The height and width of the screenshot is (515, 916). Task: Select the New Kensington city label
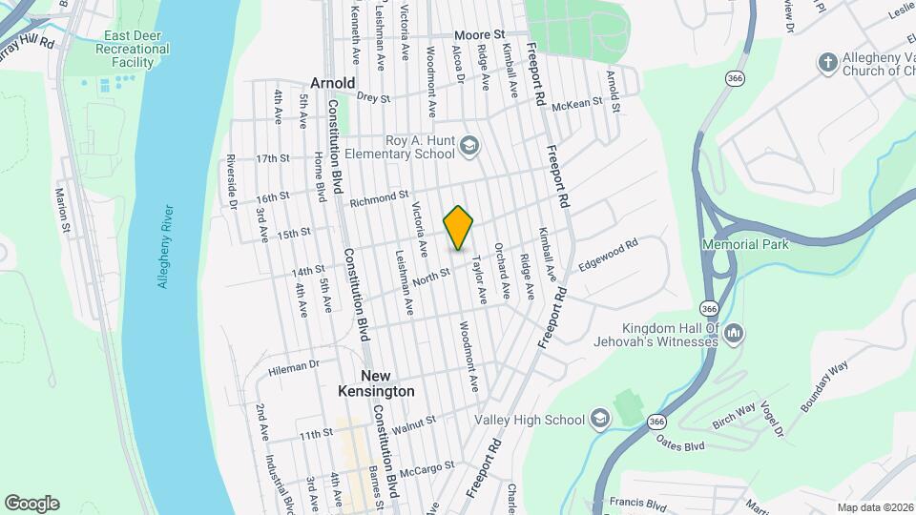(376, 383)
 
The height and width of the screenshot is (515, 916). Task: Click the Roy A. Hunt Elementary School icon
(468, 146)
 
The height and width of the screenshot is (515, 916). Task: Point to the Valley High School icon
(599, 419)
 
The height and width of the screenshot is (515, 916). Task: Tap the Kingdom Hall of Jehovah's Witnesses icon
(734, 334)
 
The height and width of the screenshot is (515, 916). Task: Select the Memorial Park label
(745, 244)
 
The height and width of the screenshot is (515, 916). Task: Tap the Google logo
(31, 504)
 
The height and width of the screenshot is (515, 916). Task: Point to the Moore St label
(479, 34)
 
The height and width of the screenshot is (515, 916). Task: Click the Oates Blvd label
(680, 443)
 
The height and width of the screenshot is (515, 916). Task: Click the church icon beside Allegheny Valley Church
(828, 62)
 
